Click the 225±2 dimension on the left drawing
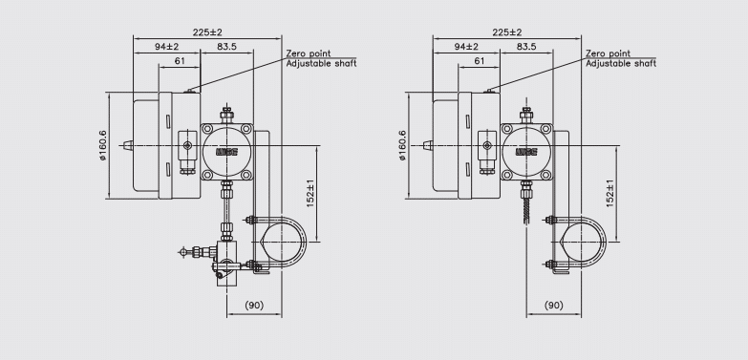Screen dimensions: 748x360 [x=207, y=32]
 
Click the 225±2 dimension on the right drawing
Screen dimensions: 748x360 [x=507, y=32]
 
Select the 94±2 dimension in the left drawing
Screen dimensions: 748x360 [x=166, y=47]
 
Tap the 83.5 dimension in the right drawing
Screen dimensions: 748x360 [x=526, y=47]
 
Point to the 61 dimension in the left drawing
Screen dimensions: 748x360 [x=180, y=61]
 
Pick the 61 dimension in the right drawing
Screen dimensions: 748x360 [x=480, y=61]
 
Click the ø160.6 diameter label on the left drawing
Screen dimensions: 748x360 [x=103, y=145]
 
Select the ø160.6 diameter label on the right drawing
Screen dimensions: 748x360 [x=403, y=145]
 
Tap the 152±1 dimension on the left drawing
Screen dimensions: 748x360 [x=310, y=193]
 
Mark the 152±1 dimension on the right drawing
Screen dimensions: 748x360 [x=610, y=193]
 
